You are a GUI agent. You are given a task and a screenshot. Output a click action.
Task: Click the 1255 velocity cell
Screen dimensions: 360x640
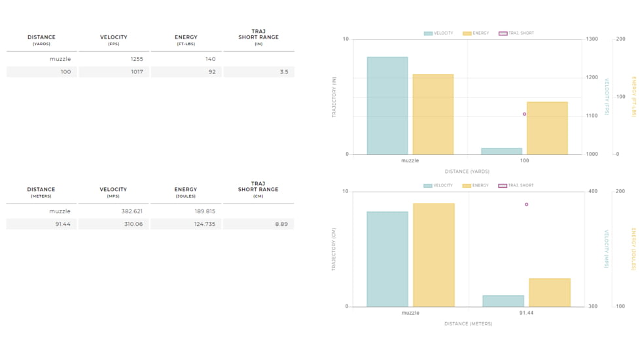(137, 59)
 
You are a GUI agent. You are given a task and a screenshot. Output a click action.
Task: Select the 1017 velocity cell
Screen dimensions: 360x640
(137, 72)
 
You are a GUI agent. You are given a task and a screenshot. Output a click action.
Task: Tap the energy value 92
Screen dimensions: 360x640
(211, 72)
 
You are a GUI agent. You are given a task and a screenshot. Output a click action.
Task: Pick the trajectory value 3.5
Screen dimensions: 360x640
(283, 72)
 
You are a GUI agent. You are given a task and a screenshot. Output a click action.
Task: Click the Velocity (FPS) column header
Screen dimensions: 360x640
(114, 40)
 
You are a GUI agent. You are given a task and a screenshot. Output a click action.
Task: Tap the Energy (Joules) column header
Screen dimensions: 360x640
(186, 192)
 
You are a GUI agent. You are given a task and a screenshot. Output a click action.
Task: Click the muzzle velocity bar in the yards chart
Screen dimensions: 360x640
(387, 105)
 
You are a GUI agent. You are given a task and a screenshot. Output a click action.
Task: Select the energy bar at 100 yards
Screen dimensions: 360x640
(547, 128)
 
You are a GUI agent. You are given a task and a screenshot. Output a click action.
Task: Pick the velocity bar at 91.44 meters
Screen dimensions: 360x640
(503, 301)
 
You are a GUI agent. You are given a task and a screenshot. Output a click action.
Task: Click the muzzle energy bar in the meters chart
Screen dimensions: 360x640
(433, 255)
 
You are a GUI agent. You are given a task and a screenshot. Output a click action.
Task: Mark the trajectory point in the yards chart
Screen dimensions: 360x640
(524, 114)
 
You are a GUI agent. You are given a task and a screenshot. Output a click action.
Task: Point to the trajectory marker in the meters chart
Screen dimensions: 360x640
(526, 204)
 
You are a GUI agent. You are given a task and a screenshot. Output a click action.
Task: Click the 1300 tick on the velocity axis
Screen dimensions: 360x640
(592, 39)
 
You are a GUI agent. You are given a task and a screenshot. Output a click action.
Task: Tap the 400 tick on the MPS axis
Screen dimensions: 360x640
(593, 192)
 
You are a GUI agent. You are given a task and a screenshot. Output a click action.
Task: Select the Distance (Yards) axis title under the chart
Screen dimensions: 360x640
(467, 171)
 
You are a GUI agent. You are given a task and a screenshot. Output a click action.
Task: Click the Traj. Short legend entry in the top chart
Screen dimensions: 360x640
(516, 33)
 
